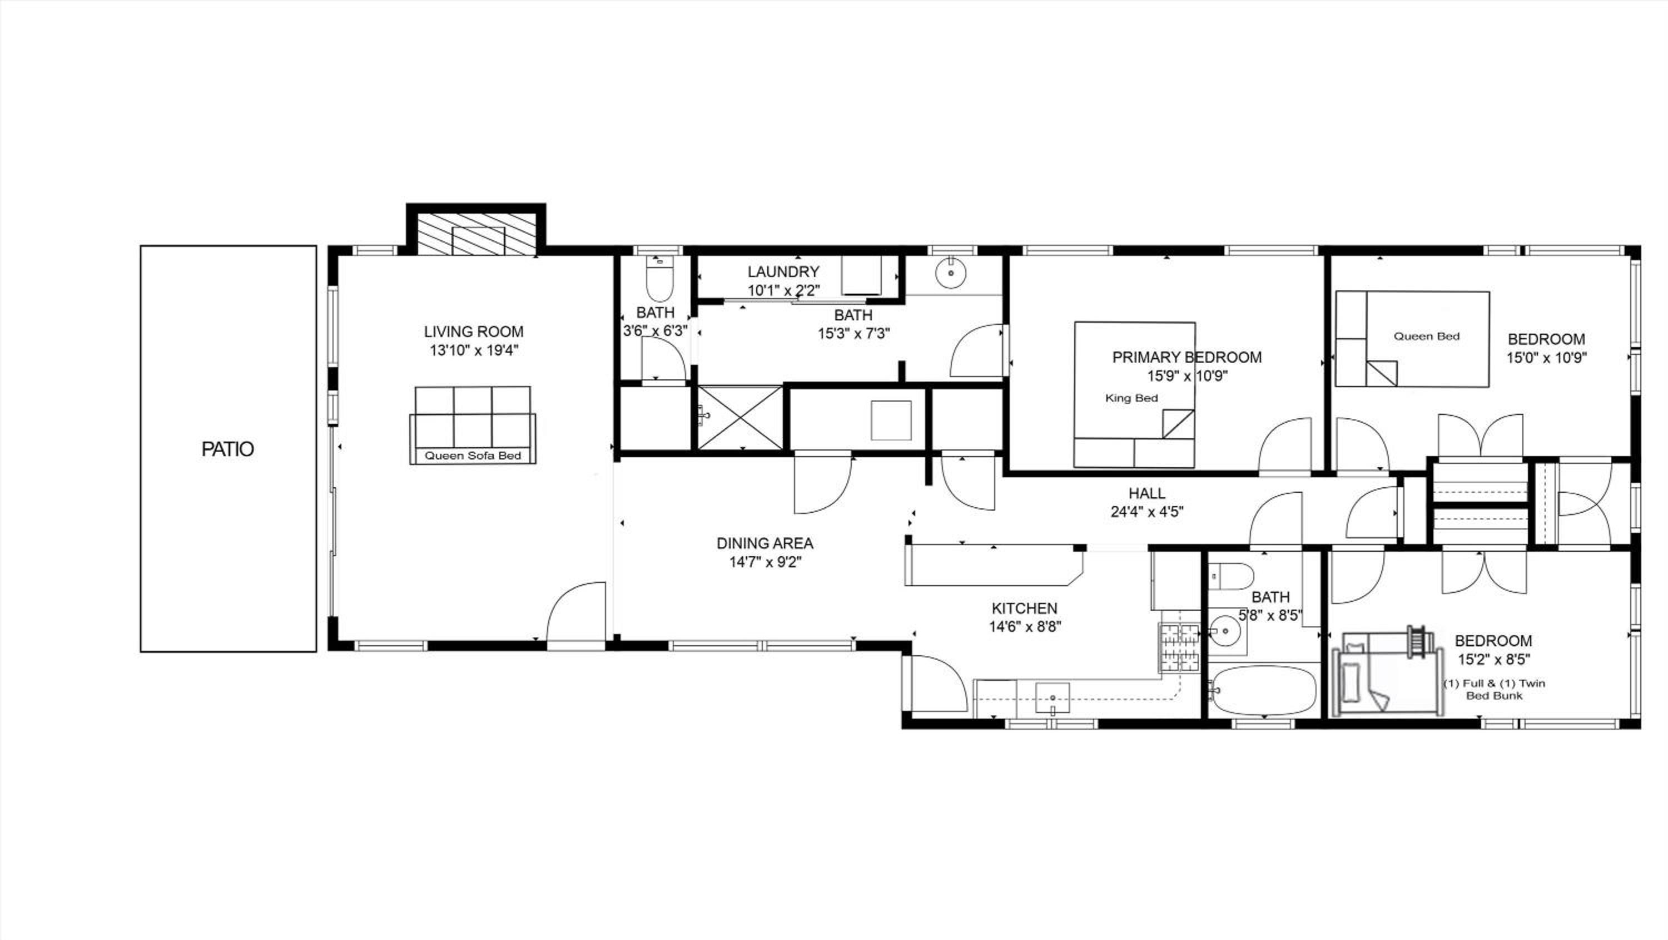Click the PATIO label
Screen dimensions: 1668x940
(x=227, y=449)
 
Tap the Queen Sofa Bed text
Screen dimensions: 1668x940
(x=473, y=456)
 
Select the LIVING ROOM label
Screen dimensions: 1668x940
(x=474, y=332)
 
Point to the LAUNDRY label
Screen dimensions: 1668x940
(x=783, y=272)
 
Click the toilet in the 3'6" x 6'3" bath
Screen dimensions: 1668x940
(x=660, y=279)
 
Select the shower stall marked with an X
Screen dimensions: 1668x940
(x=740, y=418)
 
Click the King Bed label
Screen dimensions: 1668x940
(x=1131, y=398)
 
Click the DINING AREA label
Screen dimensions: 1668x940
(x=765, y=543)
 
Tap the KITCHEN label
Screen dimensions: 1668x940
(x=1024, y=609)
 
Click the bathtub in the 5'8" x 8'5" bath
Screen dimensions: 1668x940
(x=1264, y=691)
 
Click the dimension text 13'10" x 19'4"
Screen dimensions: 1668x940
(x=474, y=351)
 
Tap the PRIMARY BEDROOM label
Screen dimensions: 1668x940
(x=1187, y=358)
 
